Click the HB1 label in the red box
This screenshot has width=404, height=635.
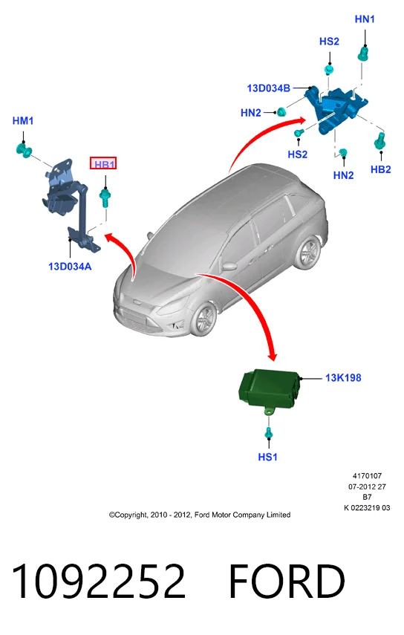tap(105, 164)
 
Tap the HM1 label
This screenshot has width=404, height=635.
tap(23, 120)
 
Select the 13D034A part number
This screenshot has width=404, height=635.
tap(70, 267)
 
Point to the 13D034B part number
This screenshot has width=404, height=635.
tap(269, 88)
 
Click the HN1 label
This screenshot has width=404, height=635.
tap(365, 19)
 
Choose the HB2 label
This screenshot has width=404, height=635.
tap(380, 169)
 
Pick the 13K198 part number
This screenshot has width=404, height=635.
tap(343, 378)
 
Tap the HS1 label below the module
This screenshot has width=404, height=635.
tap(267, 457)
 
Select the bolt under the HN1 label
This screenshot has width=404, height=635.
tap(363, 54)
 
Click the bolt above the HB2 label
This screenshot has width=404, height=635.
tap(380, 141)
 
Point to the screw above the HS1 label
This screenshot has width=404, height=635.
tap(268, 433)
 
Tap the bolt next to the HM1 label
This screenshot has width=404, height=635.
tap(24, 149)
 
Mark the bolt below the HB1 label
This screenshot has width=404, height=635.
tap(105, 198)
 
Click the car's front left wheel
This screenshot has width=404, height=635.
tap(204, 319)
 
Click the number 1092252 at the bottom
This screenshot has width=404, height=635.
tap(99, 582)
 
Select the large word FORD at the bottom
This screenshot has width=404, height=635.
tap(287, 582)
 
